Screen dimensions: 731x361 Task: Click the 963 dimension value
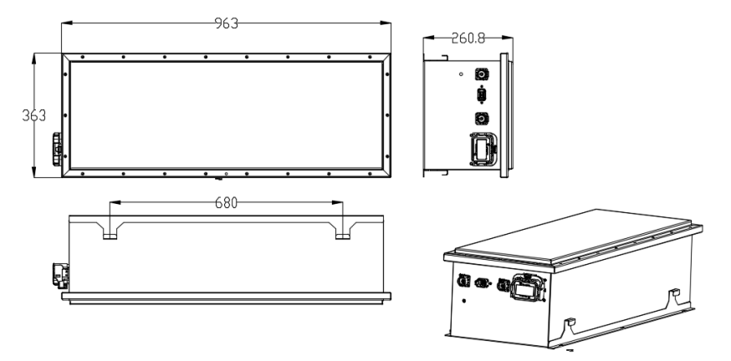[226, 23]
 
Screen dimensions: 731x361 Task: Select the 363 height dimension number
[34, 115]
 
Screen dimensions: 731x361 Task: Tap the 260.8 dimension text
[468, 38]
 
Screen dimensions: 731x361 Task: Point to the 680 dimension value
[226, 202]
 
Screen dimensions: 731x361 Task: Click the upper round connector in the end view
[482, 74]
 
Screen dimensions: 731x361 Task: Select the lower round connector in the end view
[482, 119]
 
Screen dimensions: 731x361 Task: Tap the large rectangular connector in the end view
[483, 149]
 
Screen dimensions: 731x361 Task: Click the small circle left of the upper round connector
[461, 74]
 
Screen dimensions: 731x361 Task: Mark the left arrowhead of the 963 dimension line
[67, 23]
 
